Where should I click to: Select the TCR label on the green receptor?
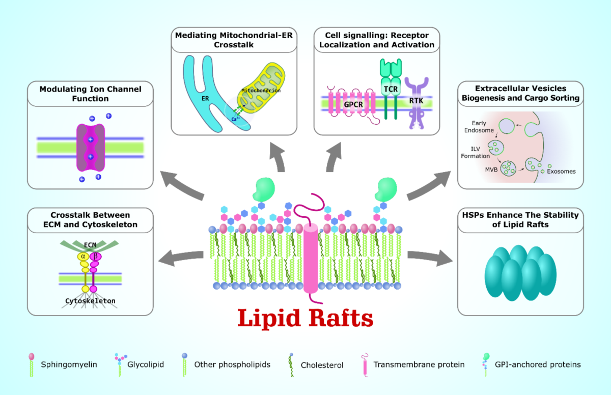click(391, 89)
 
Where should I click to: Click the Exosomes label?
click(561, 171)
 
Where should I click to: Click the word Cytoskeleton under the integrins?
click(90, 301)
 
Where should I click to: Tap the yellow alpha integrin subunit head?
click(82, 258)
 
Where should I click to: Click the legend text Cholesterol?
click(322, 365)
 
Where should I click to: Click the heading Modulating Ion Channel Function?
click(90, 93)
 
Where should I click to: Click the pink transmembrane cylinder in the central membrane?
click(310, 260)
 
